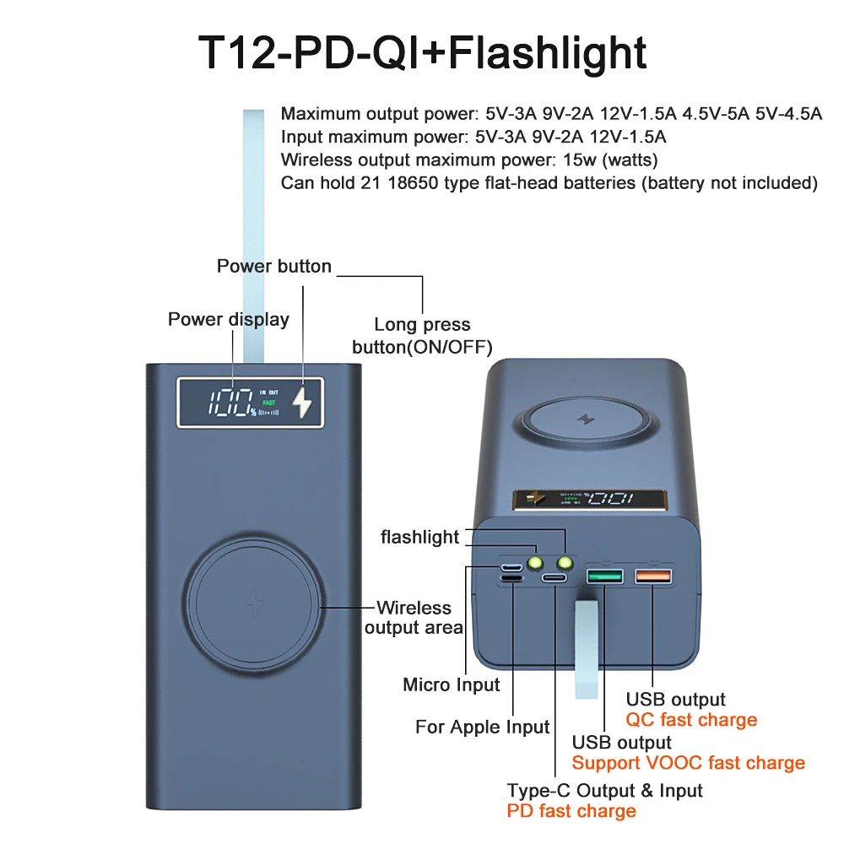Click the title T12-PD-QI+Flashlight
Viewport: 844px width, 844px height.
(422, 52)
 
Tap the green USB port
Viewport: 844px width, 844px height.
(605, 576)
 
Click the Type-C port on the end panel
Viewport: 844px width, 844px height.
(555, 578)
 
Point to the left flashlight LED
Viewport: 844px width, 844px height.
(533, 562)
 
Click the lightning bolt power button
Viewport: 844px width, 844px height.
(301, 403)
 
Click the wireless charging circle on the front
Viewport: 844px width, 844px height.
(253, 605)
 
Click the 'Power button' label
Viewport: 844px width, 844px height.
(274, 267)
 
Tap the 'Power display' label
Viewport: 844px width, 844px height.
(228, 319)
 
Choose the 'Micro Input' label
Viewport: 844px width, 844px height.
(452, 684)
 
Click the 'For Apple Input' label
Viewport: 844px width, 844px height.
(482, 727)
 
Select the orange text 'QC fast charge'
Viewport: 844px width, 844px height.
(691, 720)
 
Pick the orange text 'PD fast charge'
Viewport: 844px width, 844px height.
(571, 811)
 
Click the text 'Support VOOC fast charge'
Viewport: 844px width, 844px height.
(688, 763)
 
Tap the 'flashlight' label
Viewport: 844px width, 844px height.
(419, 537)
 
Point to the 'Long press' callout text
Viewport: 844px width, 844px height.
(422, 325)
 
